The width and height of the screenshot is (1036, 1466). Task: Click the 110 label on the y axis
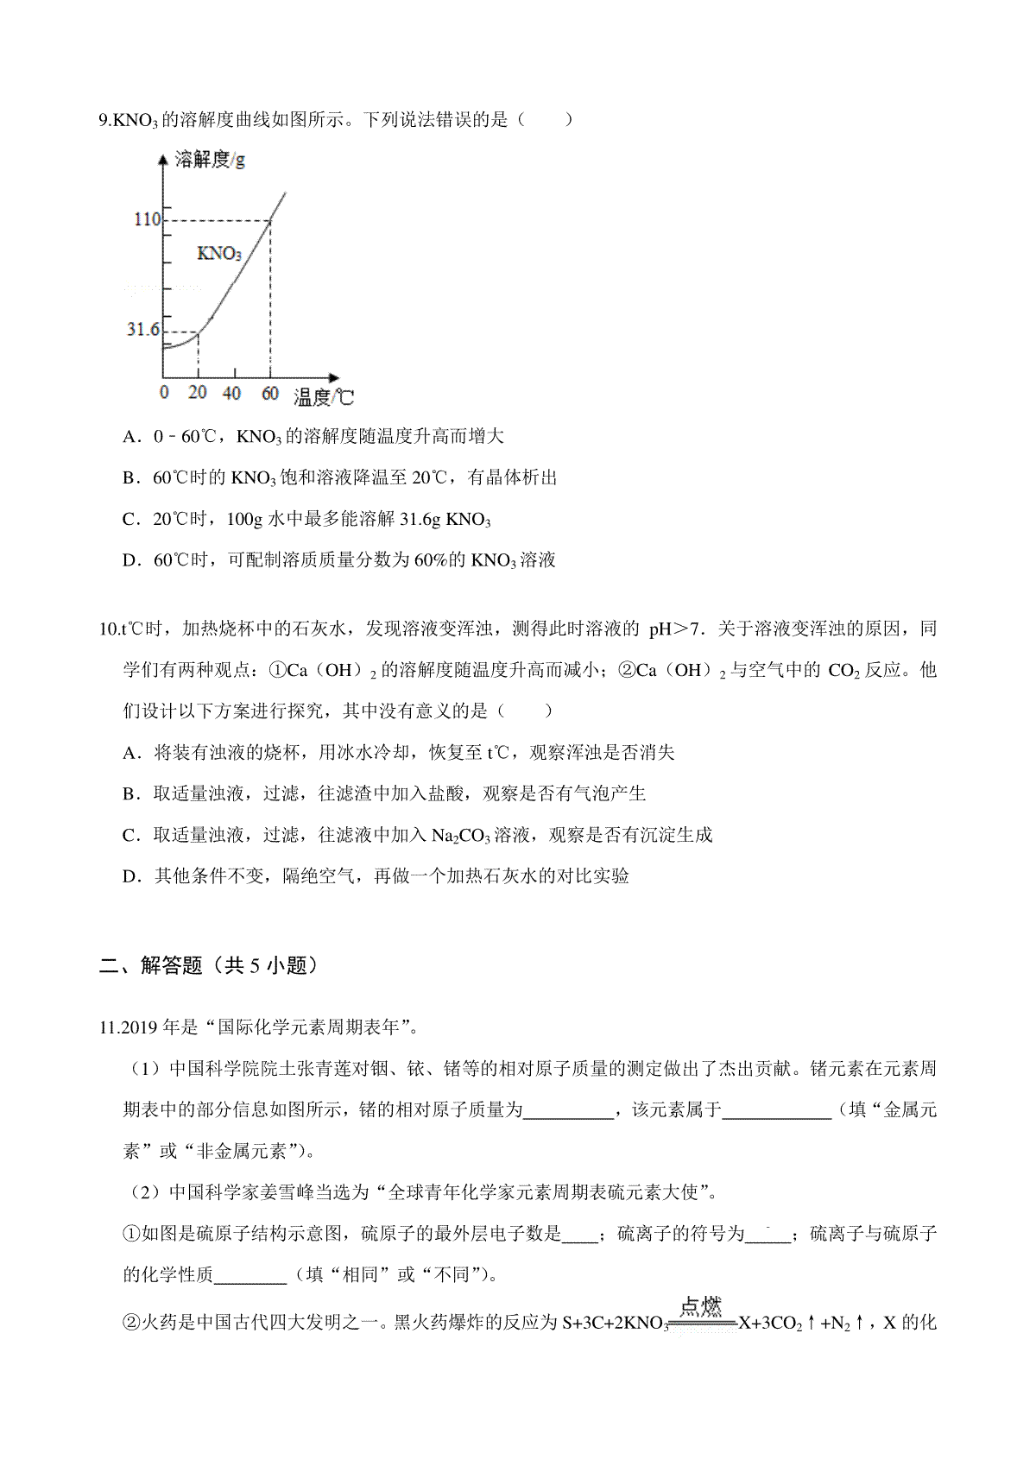[147, 219]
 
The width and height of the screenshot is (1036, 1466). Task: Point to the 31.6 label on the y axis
[143, 330]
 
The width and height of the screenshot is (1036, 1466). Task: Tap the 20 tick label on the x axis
[198, 393]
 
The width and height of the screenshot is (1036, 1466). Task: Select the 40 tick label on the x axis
[231, 393]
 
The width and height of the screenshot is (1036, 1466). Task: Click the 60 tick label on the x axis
[270, 393]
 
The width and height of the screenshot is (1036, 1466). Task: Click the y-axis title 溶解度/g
[210, 160]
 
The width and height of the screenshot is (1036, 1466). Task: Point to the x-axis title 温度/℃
[324, 397]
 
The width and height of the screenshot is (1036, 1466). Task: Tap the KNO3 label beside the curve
[219, 254]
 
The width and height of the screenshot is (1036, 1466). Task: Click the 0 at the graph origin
[165, 393]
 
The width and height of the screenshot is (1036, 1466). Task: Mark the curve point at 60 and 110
[270, 221]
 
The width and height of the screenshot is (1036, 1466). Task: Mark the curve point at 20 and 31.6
[199, 332]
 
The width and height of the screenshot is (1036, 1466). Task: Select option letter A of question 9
[130, 437]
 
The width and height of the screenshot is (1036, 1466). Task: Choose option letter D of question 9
[130, 561]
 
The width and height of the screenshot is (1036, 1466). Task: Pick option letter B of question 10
[130, 794]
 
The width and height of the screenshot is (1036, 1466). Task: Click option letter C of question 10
[130, 836]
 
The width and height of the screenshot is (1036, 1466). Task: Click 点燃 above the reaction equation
[700, 1306]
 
